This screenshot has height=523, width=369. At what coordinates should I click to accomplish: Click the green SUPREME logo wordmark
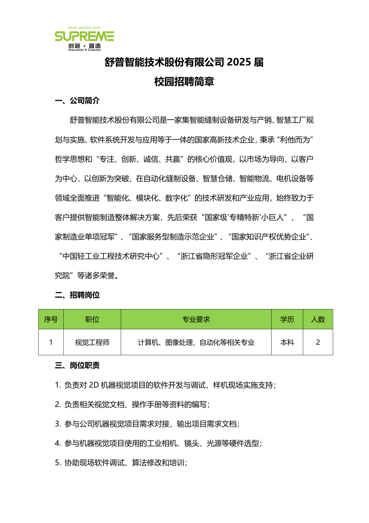coord(84,36)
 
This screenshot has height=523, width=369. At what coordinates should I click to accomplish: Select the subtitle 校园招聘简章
coord(184,82)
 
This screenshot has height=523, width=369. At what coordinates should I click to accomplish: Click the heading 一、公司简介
coord(77,101)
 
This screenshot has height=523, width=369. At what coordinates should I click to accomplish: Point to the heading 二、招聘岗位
coord(77,295)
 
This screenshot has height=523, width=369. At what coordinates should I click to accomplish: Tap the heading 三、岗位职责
coord(77,365)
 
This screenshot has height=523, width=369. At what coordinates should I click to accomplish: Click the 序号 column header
coord(51,319)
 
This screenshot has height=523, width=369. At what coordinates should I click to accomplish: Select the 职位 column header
coord(92,319)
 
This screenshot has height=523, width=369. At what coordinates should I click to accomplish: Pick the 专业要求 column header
coord(196,319)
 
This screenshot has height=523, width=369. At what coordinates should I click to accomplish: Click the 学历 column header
coord(287,319)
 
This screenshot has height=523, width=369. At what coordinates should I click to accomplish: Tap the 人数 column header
coord(318,319)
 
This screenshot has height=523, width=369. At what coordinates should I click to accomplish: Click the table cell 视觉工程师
coord(92,342)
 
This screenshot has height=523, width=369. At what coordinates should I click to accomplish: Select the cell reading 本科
coord(287,342)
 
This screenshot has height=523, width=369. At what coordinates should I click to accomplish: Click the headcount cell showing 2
coord(318,342)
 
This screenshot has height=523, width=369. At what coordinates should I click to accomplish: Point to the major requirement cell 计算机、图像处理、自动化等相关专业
coord(196,342)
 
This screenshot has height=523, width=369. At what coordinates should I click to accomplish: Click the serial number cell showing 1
coord(51,342)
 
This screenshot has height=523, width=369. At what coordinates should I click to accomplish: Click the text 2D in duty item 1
coord(93,385)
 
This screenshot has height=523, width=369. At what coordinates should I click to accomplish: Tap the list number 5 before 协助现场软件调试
coord(57,463)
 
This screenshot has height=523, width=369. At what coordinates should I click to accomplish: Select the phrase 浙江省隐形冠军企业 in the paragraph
coord(214,257)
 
